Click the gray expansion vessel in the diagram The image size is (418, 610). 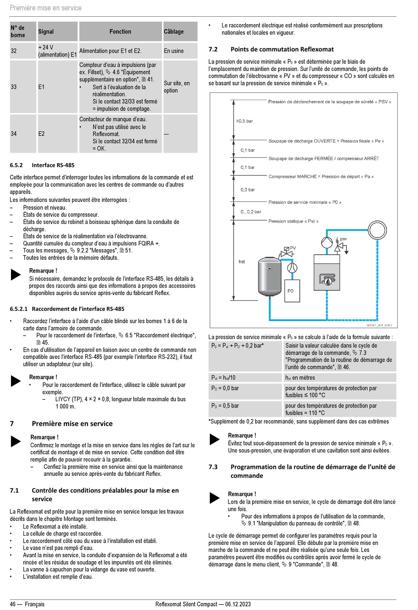[269, 280]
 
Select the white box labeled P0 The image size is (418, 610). [290, 291]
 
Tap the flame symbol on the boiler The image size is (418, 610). [327, 280]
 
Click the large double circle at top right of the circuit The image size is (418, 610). [377, 230]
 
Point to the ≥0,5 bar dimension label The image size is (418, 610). [245, 121]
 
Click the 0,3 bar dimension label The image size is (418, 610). [248, 190]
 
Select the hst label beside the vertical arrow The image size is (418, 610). [242, 262]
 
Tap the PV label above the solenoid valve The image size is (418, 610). [293, 248]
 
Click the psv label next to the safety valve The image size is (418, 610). [344, 239]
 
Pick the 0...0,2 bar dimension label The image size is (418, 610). [251, 212]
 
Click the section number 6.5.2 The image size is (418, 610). [16, 165]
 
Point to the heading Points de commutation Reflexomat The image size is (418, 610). [282, 49]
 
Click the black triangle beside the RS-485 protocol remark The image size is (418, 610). [16, 274]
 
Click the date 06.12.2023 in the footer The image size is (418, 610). [238, 604]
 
